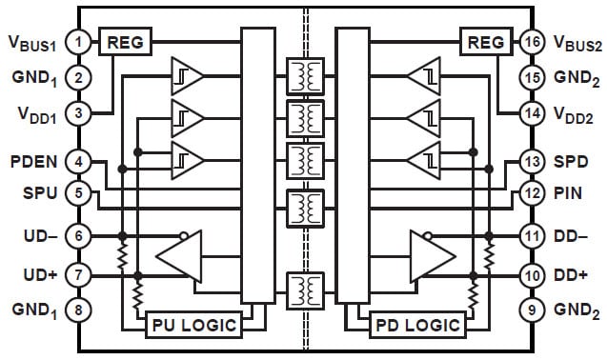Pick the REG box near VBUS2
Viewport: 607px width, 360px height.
pos(483,42)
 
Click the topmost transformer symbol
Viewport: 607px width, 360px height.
pos(303,75)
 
